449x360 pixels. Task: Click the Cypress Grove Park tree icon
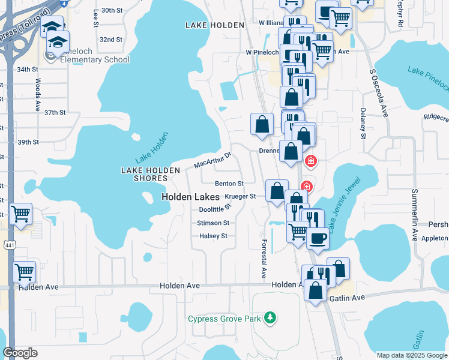click(271, 317)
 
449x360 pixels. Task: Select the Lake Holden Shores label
click(151, 174)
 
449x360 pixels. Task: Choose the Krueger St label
click(240, 196)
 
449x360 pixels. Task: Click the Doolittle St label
click(215, 209)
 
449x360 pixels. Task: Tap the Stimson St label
click(213, 223)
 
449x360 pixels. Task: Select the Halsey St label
click(213, 236)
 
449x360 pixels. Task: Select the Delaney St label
click(363, 124)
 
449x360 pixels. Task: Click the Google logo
click(20, 353)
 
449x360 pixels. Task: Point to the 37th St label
click(55, 112)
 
